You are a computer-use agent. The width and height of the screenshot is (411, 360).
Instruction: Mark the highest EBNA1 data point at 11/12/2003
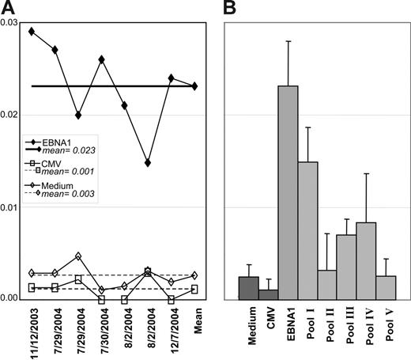32,32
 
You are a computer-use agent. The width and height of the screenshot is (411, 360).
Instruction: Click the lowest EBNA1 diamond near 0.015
148,162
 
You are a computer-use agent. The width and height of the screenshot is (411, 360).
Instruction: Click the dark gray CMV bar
268,294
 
